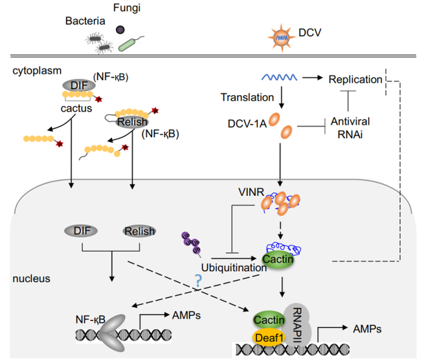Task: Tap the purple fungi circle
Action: coord(121,29)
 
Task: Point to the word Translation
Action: coord(245,97)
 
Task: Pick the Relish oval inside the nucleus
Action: coord(138,231)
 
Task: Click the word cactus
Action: coord(76,110)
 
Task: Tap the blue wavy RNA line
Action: coord(279,78)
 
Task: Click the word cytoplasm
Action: coord(34,71)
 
